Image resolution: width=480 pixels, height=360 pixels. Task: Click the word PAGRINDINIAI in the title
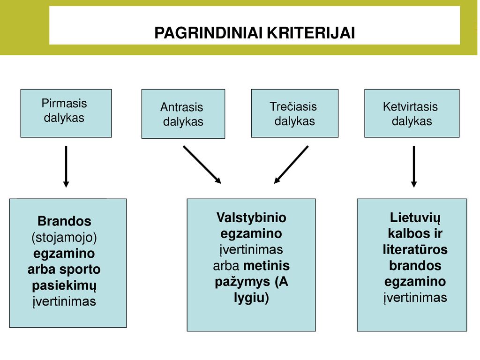click(209, 33)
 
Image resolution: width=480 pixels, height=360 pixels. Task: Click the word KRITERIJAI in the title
click(311, 33)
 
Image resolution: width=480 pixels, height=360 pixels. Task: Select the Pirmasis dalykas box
click(66, 113)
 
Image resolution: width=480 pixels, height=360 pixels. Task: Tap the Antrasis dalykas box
click(183, 114)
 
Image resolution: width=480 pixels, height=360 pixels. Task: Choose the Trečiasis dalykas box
click(294, 113)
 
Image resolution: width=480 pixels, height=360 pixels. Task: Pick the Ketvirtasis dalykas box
click(412, 113)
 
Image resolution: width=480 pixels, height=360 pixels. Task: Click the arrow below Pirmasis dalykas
click(66, 166)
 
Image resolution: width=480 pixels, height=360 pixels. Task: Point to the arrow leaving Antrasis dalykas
click(202, 165)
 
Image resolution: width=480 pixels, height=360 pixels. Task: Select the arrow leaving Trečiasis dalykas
click(291, 165)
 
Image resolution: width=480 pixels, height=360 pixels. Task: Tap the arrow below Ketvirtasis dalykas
click(414, 166)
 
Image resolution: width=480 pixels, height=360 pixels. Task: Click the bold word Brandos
click(64, 221)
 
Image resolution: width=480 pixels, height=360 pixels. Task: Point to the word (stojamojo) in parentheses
click(64, 238)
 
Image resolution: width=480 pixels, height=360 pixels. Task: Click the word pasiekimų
click(64, 286)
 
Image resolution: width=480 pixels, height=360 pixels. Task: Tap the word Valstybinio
click(251, 217)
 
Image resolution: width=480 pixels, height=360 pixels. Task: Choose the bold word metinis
click(266, 265)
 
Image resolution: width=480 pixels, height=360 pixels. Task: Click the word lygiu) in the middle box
click(251, 298)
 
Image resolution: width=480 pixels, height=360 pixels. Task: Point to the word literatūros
click(415, 249)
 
